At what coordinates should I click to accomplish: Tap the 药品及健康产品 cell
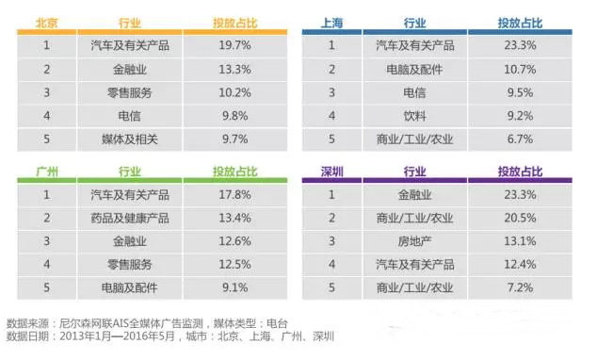131,220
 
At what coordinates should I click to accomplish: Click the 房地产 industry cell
414,241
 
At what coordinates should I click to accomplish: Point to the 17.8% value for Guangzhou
235,195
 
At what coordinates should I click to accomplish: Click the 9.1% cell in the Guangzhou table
235,287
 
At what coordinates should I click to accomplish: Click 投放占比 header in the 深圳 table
521,172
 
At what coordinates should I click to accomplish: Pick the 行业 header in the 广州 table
131,172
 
